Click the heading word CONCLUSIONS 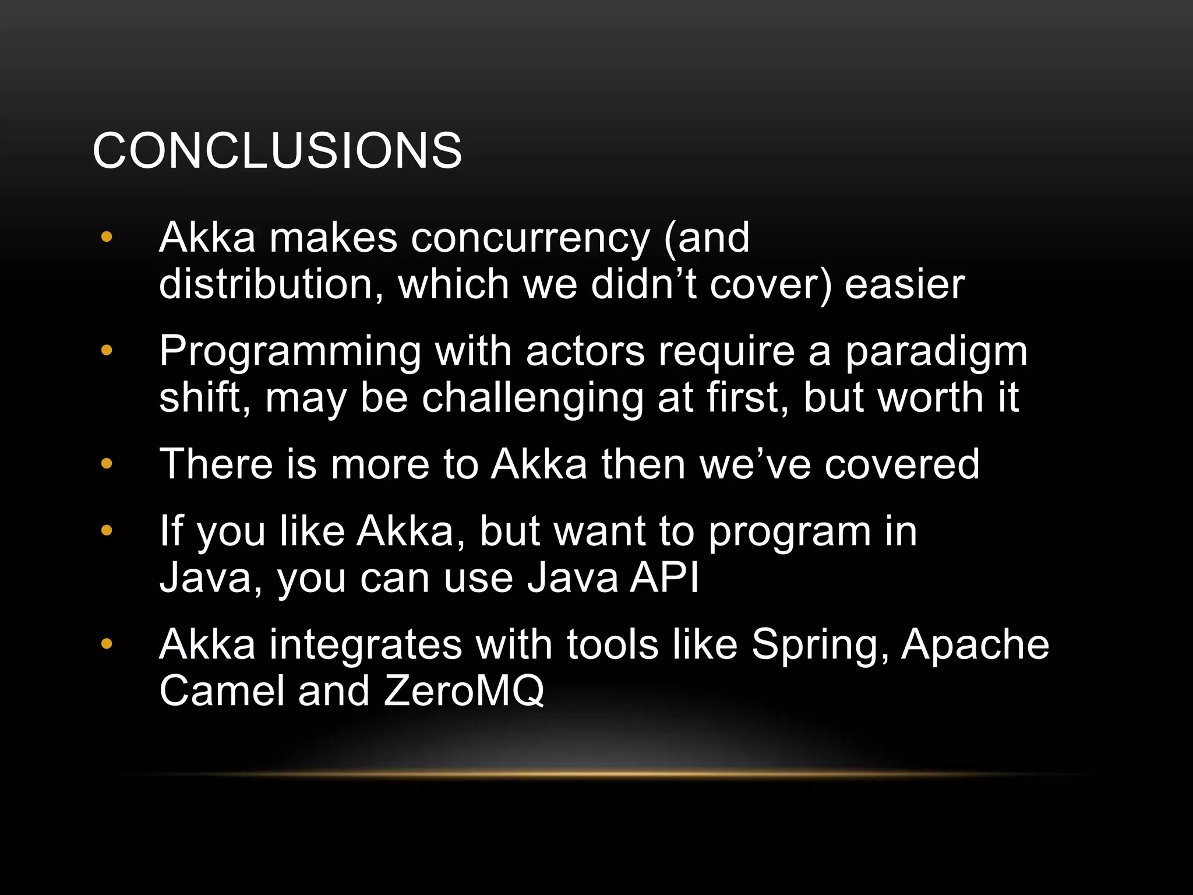(x=277, y=150)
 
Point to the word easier (x=905, y=284)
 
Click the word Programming (x=290, y=353)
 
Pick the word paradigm (x=936, y=353)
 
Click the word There (x=216, y=464)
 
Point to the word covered (x=902, y=464)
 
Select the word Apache (x=975, y=644)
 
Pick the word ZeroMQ (x=464, y=691)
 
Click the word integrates (x=365, y=646)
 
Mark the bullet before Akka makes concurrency (x=106, y=237)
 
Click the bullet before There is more (x=106, y=464)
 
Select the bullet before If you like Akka (x=106, y=531)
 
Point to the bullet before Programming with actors (x=106, y=351)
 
